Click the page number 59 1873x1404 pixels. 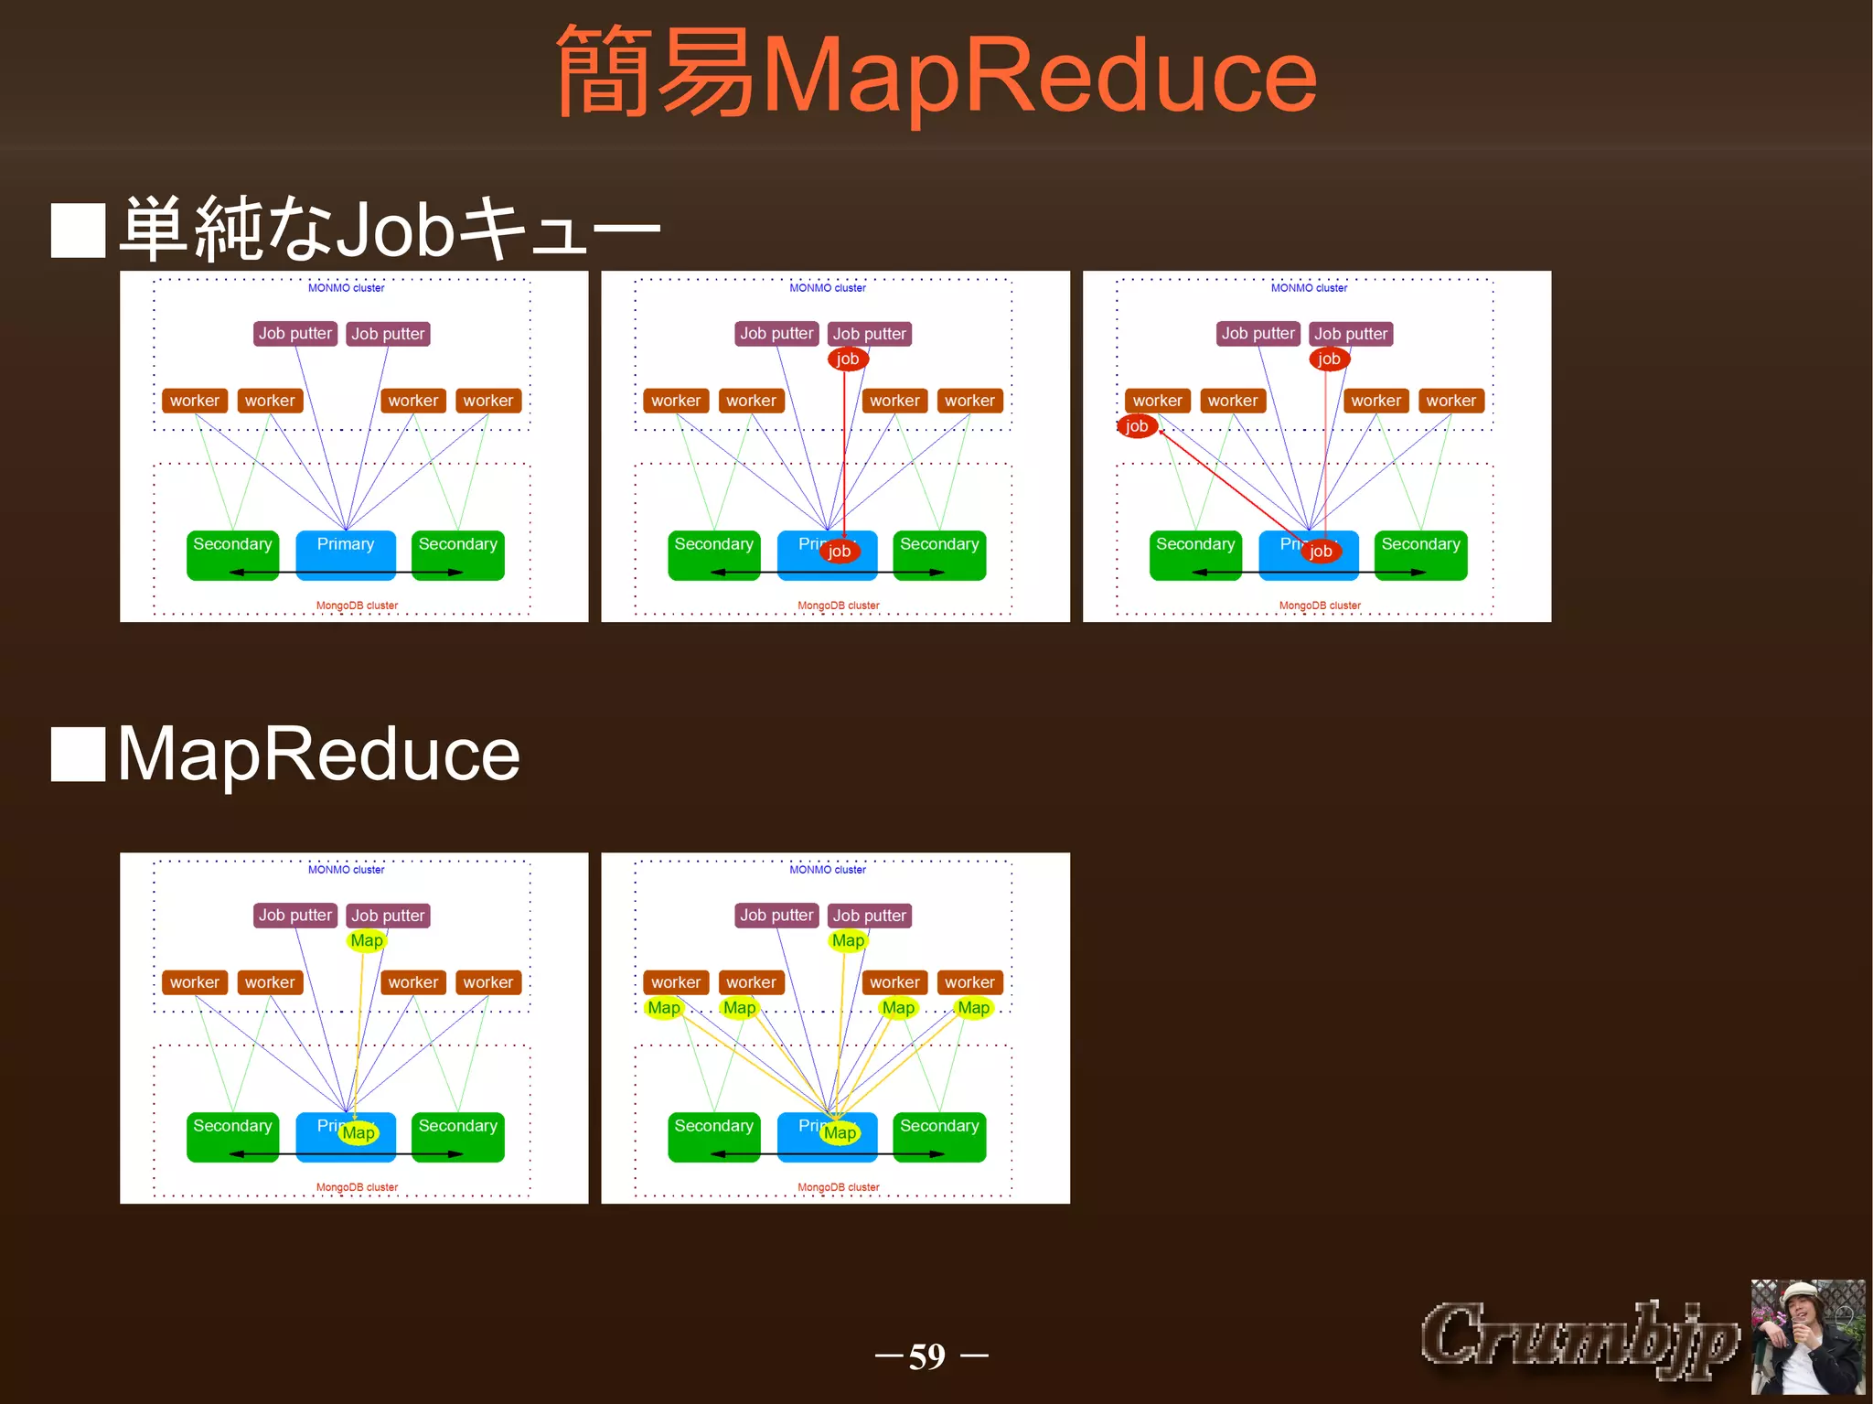(x=927, y=1356)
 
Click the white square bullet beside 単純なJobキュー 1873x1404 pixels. (x=79, y=230)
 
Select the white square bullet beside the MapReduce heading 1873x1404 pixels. (x=79, y=755)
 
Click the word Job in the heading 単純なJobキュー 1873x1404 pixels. (x=395, y=229)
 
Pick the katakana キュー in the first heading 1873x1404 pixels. (x=558, y=229)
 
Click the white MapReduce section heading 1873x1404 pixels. (x=318, y=755)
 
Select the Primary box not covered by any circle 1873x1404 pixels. (x=346, y=554)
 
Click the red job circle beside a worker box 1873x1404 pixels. (x=1137, y=426)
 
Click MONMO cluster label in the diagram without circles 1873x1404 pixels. (x=346, y=288)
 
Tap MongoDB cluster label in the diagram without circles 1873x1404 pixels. (x=357, y=606)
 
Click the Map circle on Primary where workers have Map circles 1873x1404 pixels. (x=840, y=1133)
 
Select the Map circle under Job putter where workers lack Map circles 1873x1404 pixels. (x=367, y=940)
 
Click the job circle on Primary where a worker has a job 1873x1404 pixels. (x=1321, y=551)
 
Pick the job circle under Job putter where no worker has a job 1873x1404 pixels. (x=848, y=359)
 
